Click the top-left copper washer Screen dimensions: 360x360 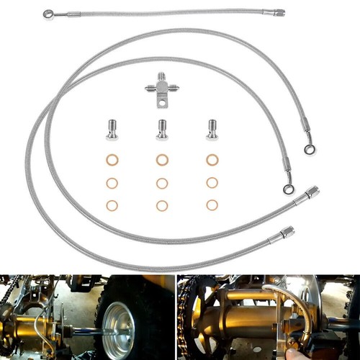pyautogui.click(x=112, y=160)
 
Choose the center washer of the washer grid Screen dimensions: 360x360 pyautogui.click(x=162, y=183)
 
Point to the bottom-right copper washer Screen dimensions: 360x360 pyautogui.click(x=212, y=205)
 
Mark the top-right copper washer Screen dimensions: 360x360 pyautogui.click(x=212, y=160)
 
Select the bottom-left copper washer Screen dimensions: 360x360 pyautogui.click(x=112, y=205)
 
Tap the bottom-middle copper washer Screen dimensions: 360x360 pyautogui.click(x=162, y=205)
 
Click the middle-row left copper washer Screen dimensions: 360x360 pyautogui.click(x=112, y=183)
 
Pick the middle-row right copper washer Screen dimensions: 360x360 pyautogui.click(x=212, y=183)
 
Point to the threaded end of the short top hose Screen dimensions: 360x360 pyautogui.click(x=276, y=12)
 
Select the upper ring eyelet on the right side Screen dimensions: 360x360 pyautogui.click(x=310, y=150)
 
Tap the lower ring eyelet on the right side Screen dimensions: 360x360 pyautogui.click(x=289, y=189)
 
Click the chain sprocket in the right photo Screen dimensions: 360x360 pyautogui.click(x=189, y=317)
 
